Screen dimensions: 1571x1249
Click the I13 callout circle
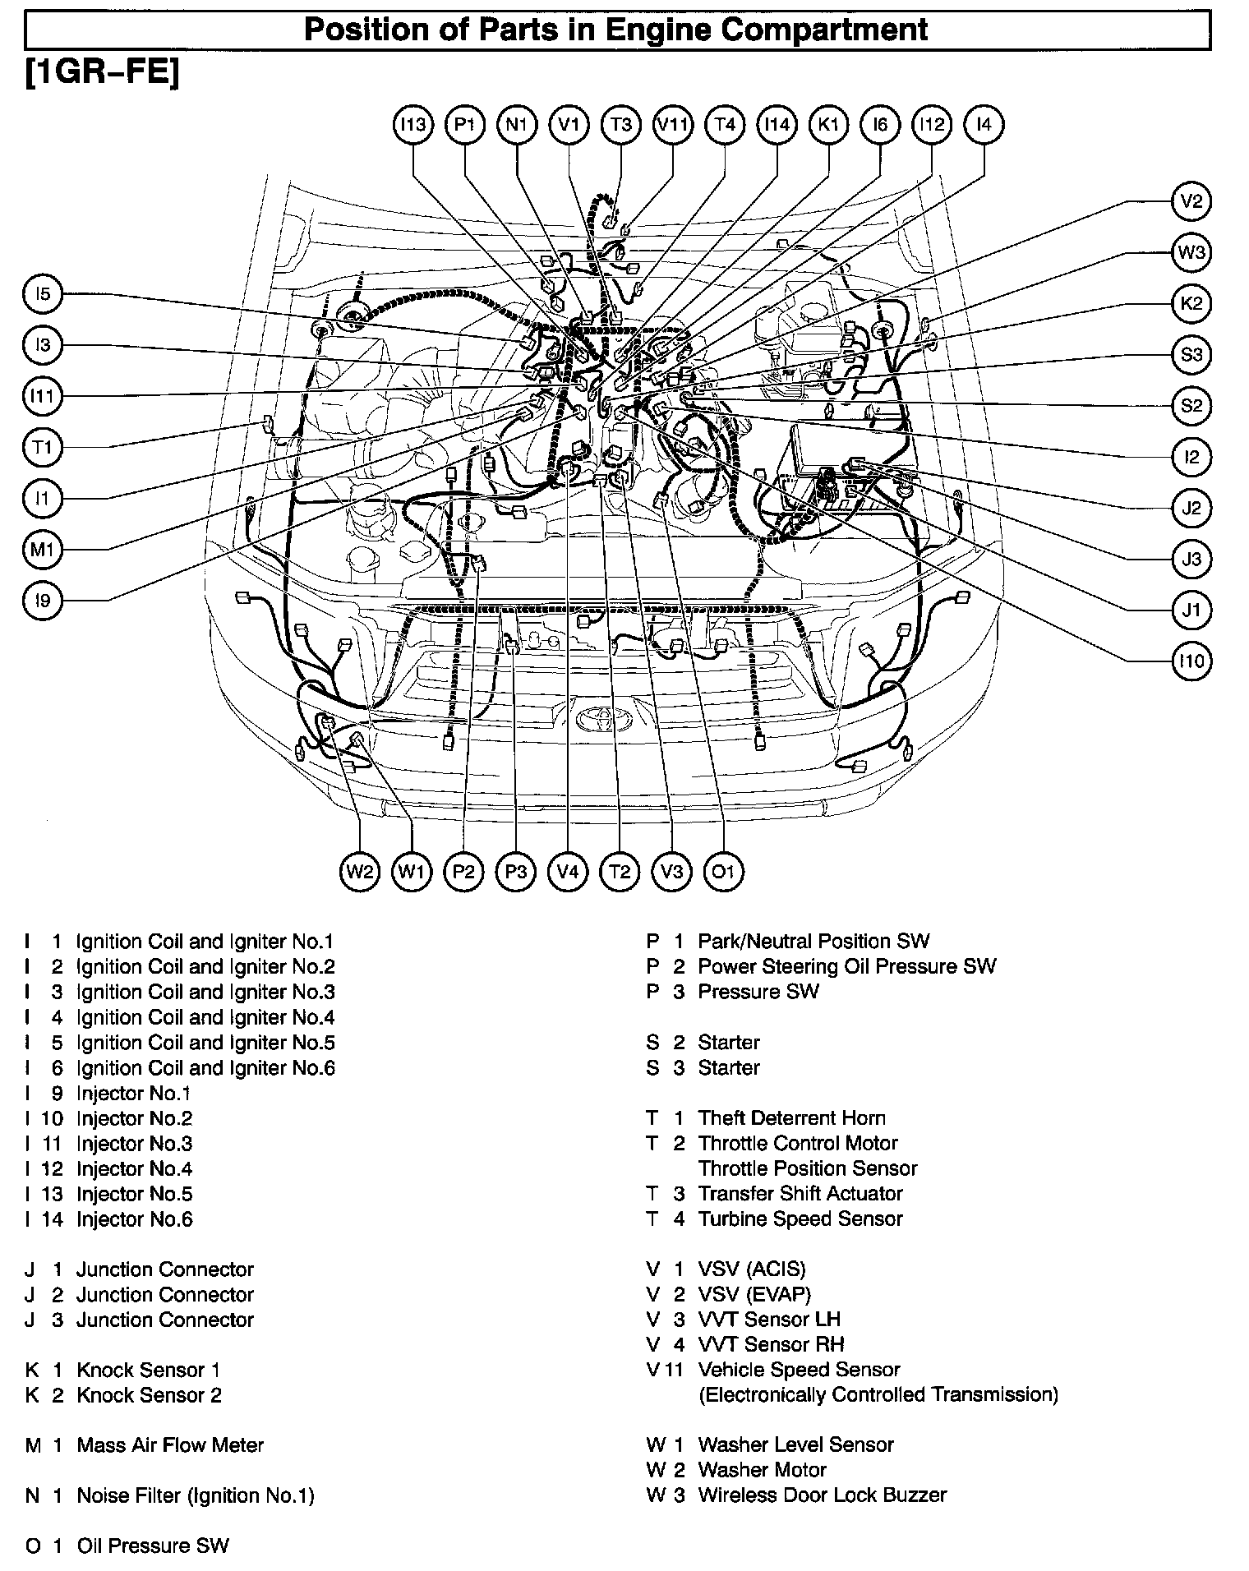[412, 125]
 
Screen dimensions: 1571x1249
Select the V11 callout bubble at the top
[672, 125]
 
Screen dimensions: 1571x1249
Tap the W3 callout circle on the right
[1191, 252]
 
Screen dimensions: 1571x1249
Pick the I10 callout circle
[1191, 661]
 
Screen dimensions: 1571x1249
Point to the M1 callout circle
[42, 549]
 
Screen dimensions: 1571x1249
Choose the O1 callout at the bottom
[723, 871]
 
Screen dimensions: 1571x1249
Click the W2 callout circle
[360, 871]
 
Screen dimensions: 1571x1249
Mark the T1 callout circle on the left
[42, 447]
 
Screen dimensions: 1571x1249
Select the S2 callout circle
[1191, 405]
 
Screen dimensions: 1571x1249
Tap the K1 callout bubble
[828, 125]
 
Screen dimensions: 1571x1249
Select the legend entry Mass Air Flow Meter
[170, 1444]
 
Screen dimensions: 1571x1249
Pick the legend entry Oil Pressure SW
[153, 1546]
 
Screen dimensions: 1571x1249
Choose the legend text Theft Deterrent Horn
[791, 1117]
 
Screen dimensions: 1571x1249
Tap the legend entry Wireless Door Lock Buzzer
[822, 1495]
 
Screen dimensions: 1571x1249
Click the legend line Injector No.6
[135, 1219]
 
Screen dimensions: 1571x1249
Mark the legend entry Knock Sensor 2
[149, 1394]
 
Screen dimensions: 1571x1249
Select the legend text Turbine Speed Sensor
[800, 1219]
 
